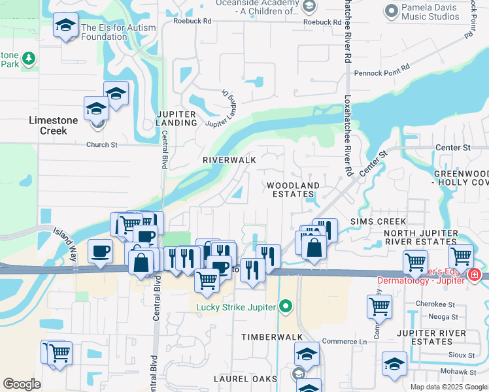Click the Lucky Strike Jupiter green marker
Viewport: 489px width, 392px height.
tap(285, 306)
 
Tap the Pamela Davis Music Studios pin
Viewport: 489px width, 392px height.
tap(392, 10)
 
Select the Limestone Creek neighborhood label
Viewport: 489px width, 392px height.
tap(54, 125)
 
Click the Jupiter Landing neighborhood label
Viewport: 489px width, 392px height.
tap(176, 119)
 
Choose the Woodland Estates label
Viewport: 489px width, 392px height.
tap(293, 190)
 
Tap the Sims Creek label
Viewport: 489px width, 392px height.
tap(378, 222)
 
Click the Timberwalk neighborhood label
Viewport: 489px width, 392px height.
tap(272, 336)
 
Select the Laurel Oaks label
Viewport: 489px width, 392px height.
tap(246, 379)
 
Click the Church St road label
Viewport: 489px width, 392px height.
tap(101, 145)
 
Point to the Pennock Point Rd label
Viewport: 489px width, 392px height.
tap(381, 68)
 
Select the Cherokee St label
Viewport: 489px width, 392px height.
tap(438, 304)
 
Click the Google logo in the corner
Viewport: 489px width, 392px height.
tap(22, 384)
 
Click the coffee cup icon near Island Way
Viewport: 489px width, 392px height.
tap(100, 252)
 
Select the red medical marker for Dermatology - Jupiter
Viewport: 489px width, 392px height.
tap(474, 276)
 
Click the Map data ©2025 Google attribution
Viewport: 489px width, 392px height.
tap(448, 387)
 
